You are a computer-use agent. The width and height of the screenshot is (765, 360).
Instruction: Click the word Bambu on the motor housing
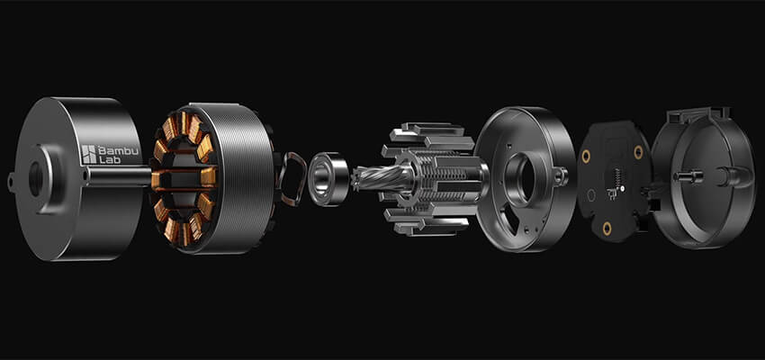click(118, 150)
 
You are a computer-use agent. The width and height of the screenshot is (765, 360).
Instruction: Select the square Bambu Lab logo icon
click(89, 154)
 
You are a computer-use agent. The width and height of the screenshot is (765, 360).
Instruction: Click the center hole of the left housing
click(36, 178)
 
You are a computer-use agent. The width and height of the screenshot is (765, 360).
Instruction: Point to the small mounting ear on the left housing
click(11, 183)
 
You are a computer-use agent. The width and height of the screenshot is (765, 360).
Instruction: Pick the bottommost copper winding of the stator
click(184, 233)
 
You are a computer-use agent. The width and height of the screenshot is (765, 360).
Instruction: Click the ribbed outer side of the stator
click(242, 177)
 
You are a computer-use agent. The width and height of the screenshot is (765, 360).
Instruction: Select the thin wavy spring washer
click(291, 179)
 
